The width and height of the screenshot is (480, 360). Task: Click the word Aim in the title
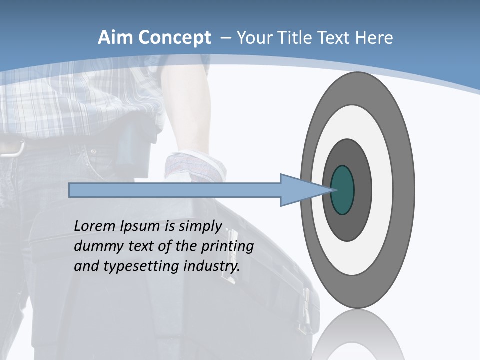[115, 38]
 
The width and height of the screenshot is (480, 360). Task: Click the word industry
[212, 266]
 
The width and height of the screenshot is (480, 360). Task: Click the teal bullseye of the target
[343, 190]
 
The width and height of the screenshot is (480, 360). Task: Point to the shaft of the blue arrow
[175, 190]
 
